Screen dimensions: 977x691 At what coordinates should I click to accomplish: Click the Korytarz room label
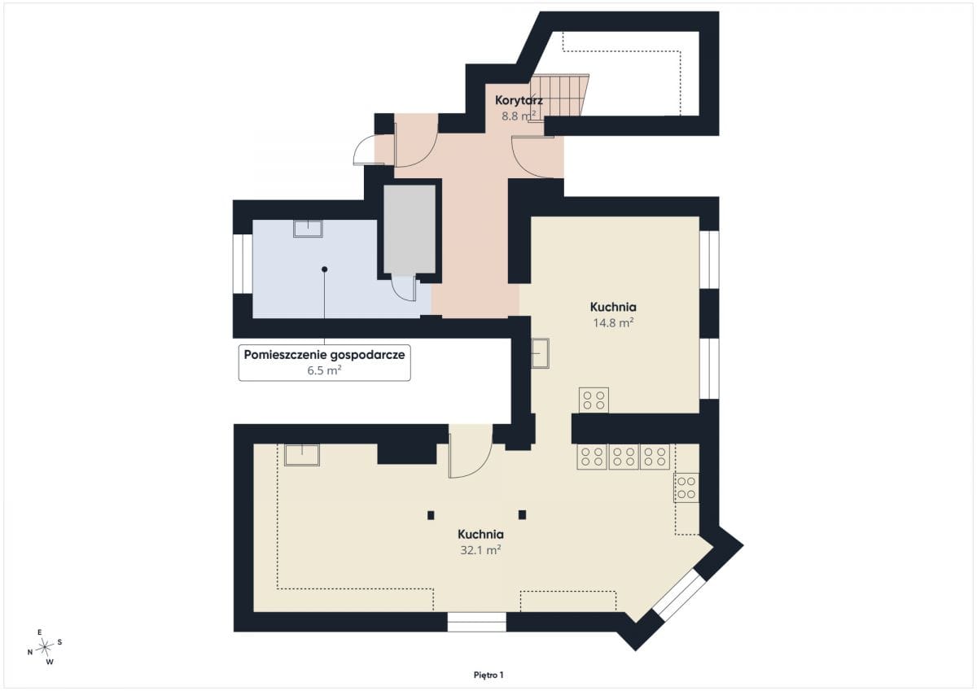[519, 101]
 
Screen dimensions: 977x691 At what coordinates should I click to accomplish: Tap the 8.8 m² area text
[518, 116]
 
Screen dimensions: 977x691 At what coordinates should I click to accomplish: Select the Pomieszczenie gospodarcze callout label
[324, 355]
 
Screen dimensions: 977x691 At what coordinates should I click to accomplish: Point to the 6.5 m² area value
[324, 370]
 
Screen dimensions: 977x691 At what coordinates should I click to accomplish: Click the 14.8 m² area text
[613, 322]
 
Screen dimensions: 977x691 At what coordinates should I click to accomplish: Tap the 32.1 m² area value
[480, 550]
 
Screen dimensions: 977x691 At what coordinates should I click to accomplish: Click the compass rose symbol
[45, 647]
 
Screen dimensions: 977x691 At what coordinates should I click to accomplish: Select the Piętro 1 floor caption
[488, 675]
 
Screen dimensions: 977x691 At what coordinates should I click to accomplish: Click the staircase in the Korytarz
[559, 98]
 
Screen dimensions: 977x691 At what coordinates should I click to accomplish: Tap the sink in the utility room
[308, 229]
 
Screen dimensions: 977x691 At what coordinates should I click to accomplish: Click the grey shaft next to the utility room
[409, 230]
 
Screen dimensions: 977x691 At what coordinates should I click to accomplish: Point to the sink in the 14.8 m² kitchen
[540, 353]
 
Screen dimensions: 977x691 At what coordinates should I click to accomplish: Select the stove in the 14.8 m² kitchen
[594, 400]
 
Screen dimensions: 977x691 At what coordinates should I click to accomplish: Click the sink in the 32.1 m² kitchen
[302, 455]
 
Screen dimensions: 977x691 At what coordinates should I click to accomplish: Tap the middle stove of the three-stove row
[624, 457]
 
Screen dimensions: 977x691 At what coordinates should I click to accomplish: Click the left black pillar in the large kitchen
[431, 515]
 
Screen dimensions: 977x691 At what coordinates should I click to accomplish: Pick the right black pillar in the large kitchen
[522, 515]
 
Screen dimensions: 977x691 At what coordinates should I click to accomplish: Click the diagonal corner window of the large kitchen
[679, 595]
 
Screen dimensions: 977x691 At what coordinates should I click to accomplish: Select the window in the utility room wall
[243, 264]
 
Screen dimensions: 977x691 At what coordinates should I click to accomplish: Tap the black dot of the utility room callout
[325, 269]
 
